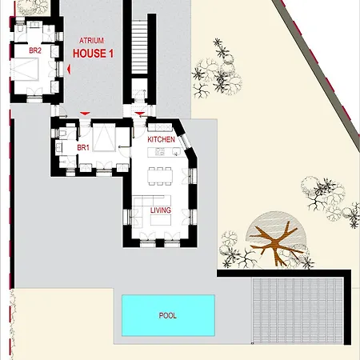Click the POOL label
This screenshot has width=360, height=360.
[x=167, y=315]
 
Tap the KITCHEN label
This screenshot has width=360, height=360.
[x=161, y=140]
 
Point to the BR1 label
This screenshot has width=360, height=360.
[x=82, y=149]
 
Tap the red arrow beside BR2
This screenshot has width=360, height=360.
[x=69, y=70]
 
